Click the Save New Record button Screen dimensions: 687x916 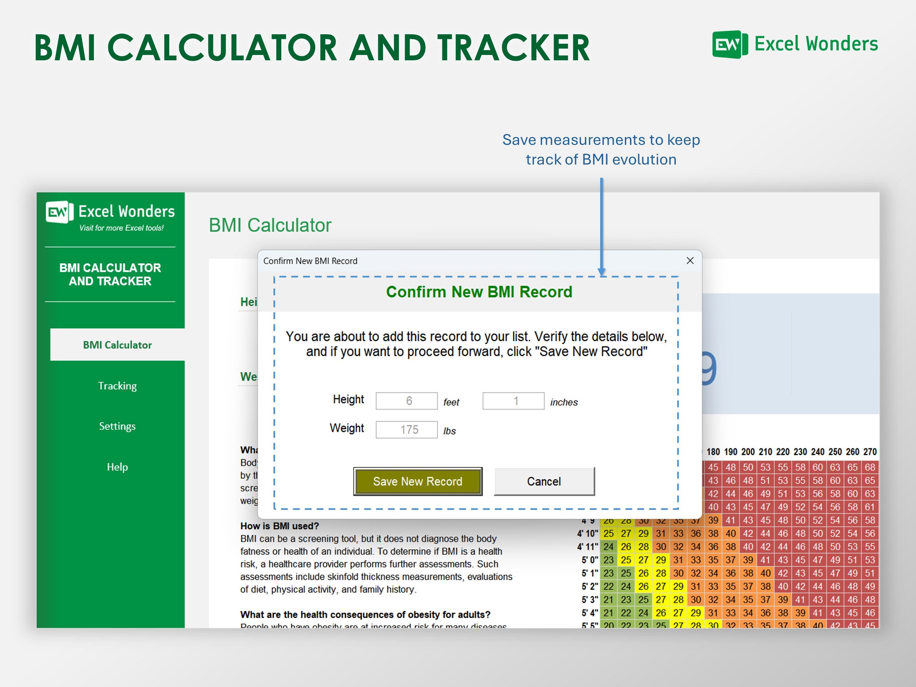(x=417, y=481)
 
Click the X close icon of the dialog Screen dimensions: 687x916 (x=690, y=261)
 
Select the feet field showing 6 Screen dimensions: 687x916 (x=406, y=401)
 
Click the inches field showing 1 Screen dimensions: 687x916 (x=513, y=401)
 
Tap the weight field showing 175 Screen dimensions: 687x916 (x=406, y=430)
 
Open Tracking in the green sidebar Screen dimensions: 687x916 (x=117, y=385)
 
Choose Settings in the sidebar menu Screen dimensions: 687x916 (x=117, y=426)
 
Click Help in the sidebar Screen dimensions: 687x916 (x=117, y=467)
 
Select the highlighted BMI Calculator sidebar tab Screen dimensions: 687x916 (x=117, y=345)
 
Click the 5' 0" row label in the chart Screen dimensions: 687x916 (x=589, y=560)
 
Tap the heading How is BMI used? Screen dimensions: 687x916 (x=280, y=526)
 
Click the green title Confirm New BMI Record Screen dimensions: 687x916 (x=479, y=292)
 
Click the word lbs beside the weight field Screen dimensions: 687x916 (x=449, y=431)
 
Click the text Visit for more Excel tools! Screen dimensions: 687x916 (x=121, y=228)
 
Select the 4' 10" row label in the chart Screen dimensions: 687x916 (x=587, y=533)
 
